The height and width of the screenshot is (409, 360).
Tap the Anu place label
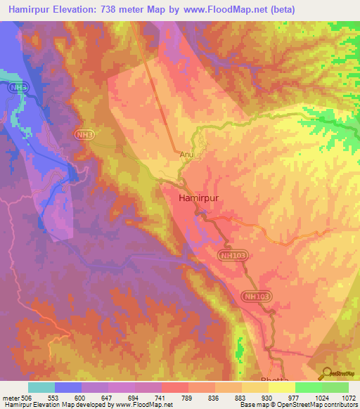pos(186,156)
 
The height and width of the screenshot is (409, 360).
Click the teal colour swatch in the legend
pos(41,387)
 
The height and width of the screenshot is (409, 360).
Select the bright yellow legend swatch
pos(282,387)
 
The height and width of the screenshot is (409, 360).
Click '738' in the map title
pos(120,9)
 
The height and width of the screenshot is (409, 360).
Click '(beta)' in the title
pos(281,9)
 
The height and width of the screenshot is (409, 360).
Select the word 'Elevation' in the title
pos(78,9)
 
